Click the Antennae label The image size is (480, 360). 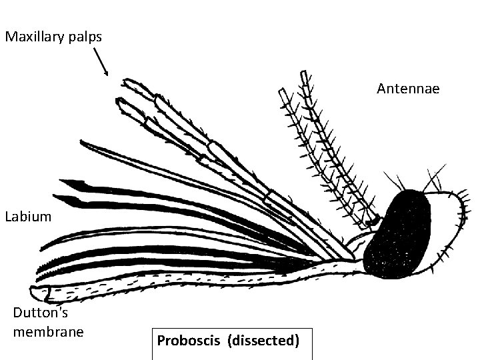point(408,88)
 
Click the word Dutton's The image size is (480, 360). point(40,313)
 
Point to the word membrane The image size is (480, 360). point(48,331)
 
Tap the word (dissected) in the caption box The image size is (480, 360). point(263,341)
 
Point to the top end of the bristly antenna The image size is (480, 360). point(305,75)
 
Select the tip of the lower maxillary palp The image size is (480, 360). point(118,101)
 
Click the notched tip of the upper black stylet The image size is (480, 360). point(61,181)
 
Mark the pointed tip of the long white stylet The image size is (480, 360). point(81,142)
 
